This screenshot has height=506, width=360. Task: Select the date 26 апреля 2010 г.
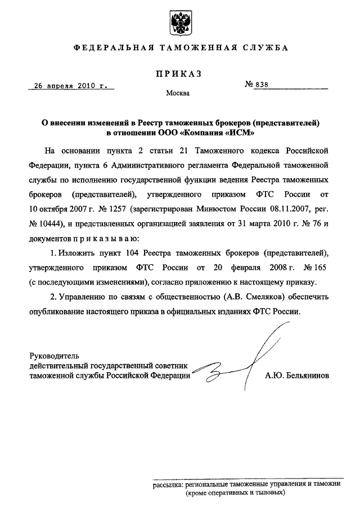pos(71,86)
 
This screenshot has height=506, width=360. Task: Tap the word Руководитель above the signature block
pos(54,355)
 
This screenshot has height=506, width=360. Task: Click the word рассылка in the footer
pos(168,484)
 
